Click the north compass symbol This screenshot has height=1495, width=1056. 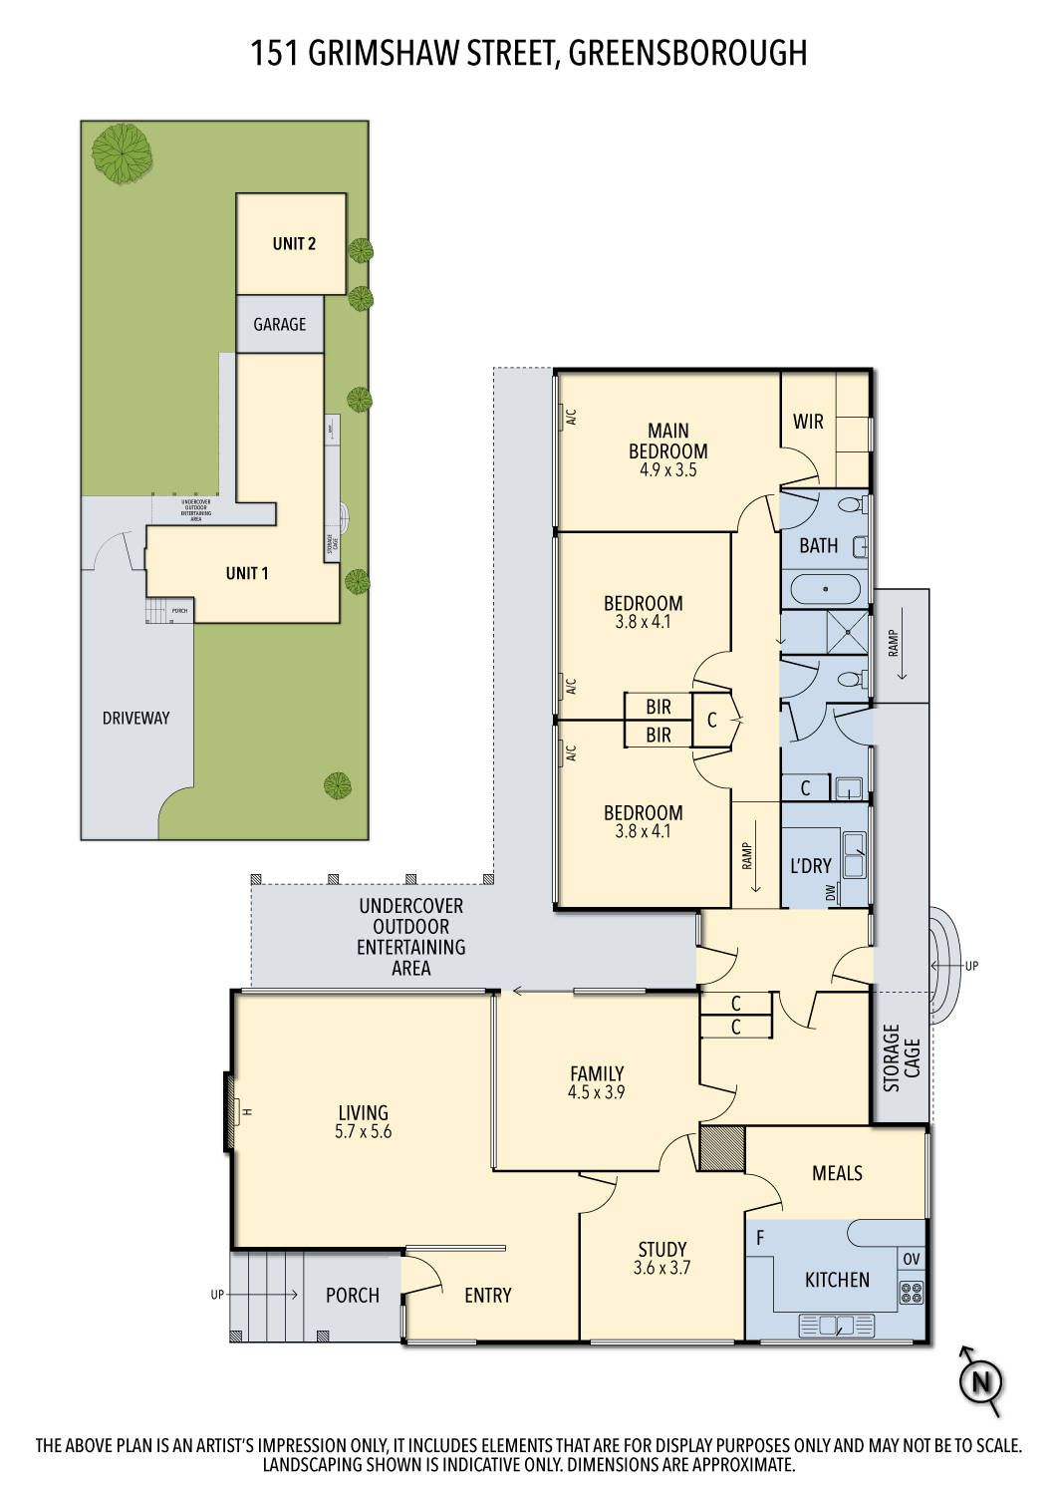980,1381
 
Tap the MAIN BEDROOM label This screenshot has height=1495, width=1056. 667,441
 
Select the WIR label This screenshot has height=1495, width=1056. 808,422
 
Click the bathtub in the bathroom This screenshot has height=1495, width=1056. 826,589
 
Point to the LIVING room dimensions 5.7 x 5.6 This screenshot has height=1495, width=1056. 363,1132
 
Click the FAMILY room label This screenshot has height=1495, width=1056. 597,1073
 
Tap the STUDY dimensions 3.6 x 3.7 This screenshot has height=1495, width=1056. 661,1269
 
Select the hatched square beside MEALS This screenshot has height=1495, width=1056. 722,1147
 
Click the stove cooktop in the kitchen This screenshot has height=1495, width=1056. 912,1294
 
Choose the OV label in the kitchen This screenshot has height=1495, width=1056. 912,1260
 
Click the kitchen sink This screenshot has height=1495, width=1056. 830,1326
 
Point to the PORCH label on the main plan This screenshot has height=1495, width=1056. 353,1296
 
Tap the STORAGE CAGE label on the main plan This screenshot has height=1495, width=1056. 902,1057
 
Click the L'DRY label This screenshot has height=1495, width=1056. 810,867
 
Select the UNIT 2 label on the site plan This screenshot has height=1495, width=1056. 294,244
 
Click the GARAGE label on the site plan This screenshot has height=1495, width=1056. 280,325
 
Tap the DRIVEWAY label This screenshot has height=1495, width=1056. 136,718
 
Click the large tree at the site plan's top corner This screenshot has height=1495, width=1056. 119,152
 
